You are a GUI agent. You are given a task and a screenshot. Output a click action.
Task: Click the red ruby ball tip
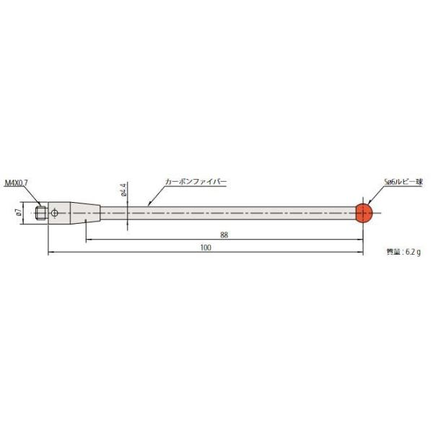(x=363, y=211)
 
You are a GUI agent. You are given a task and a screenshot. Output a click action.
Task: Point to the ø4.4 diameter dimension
(x=124, y=191)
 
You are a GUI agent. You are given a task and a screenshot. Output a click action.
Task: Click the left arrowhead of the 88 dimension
(x=88, y=239)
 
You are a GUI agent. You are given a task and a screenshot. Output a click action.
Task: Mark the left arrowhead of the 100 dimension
(x=51, y=252)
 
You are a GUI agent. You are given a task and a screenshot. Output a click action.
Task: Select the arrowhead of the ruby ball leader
(x=367, y=203)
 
